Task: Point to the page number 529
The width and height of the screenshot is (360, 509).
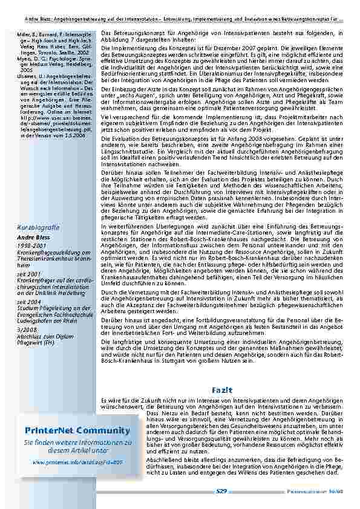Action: click(221, 491)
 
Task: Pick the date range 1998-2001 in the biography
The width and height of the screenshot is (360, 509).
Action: click(30, 245)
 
